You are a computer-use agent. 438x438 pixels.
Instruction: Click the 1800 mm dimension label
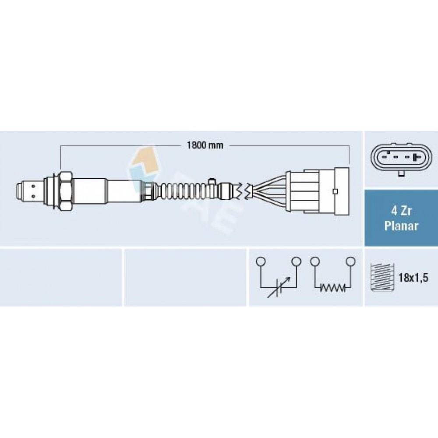[205, 145]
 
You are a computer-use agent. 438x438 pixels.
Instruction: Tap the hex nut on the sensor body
[67, 191]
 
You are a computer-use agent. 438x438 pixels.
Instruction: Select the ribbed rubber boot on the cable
[184, 191]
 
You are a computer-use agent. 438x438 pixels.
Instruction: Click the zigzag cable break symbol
[244, 191]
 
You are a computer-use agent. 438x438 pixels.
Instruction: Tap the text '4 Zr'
[401, 211]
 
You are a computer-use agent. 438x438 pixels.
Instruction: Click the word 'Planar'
[401, 226]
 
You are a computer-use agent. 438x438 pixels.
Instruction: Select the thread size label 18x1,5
[413, 278]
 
